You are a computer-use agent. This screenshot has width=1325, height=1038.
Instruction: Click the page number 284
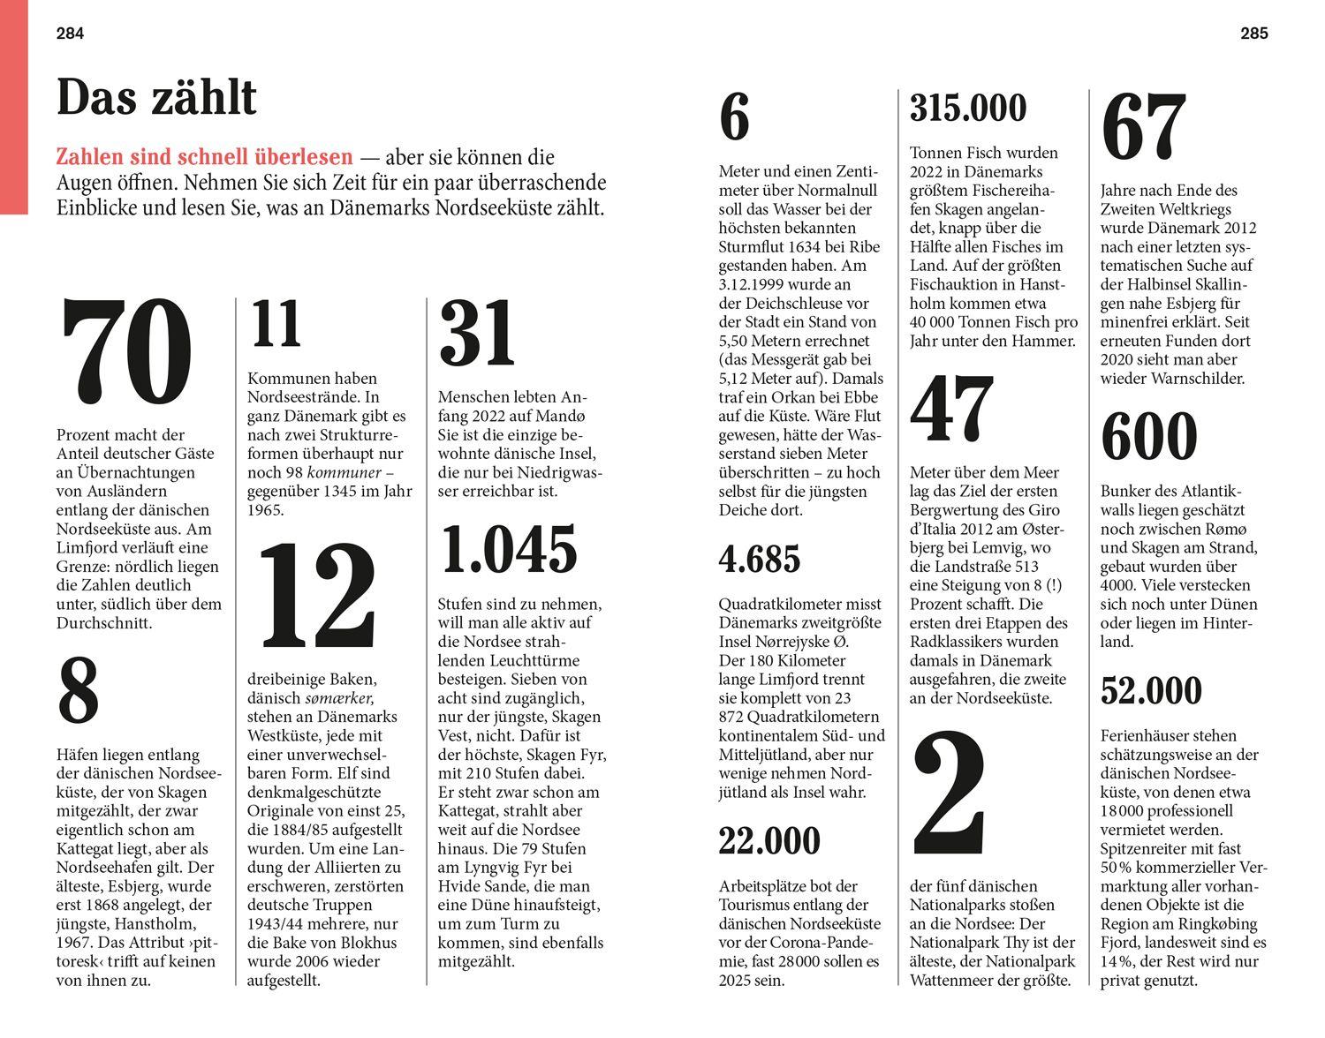tap(70, 34)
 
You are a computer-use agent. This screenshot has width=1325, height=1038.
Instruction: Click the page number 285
tap(1253, 34)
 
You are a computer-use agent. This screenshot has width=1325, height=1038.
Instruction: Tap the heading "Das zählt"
tap(156, 97)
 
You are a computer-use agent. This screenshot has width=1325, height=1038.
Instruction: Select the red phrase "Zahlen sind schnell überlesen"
tap(204, 158)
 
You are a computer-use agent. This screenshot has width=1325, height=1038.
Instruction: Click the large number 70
tap(125, 353)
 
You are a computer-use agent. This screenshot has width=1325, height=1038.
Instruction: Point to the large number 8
tap(78, 691)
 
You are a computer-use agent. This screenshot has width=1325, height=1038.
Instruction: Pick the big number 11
tap(276, 325)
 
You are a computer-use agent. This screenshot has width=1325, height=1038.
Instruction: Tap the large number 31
tap(477, 334)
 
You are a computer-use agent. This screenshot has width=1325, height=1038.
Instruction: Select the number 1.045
tap(508, 550)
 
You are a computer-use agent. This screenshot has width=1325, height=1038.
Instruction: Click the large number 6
tap(734, 119)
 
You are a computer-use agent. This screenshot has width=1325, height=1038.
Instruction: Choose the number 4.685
tap(760, 559)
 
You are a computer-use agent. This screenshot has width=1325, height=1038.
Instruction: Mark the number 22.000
tap(769, 840)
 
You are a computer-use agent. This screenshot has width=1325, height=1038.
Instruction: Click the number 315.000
tap(968, 108)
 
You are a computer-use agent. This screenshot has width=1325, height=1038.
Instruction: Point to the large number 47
tap(951, 409)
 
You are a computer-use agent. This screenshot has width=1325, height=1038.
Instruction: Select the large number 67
tap(1145, 127)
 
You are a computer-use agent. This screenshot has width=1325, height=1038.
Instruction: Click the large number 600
tap(1149, 438)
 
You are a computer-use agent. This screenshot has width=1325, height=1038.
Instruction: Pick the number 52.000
tap(1152, 690)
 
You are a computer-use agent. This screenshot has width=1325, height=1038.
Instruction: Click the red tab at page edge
tap(13, 106)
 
